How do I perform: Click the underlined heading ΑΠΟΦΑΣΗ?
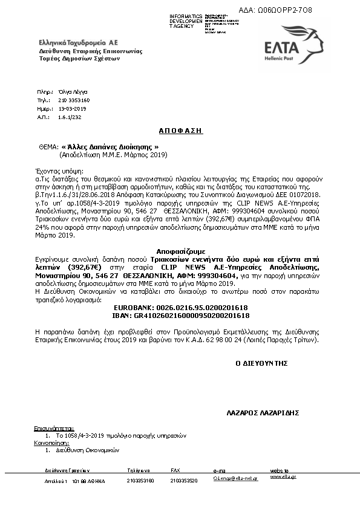(180, 131)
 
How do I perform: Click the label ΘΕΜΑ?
(48, 147)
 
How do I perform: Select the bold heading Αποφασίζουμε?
(180, 250)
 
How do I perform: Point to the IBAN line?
(180, 315)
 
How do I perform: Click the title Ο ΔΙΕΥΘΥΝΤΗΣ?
(261, 363)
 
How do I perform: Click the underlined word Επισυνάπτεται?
(53, 428)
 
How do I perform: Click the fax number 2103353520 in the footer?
(185, 481)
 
